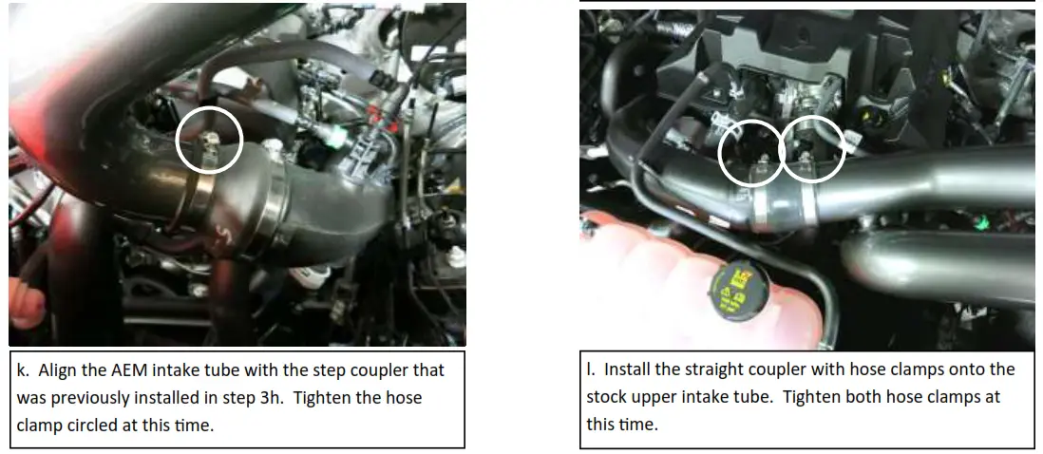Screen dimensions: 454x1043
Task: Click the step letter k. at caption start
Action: tap(24, 370)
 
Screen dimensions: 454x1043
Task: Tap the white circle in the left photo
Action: tap(210, 139)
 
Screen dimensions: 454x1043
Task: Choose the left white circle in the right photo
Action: tap(751, 152)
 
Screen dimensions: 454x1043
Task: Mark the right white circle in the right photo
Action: tap(812, 149)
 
